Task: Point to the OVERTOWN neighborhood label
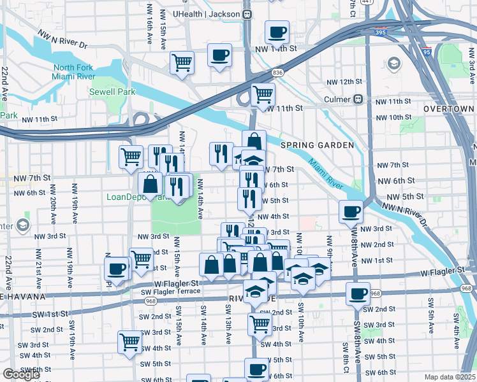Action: click(x=449, y=110)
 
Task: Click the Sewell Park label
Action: click(x=112, y=92)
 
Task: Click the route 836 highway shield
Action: click(x=277, y=73)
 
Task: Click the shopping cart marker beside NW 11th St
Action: click(x=262, y=94)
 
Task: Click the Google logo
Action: click(x=21, y=374)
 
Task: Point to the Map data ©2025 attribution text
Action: click(x=450, y=377)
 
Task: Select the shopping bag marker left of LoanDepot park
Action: click(x=150, y=184)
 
